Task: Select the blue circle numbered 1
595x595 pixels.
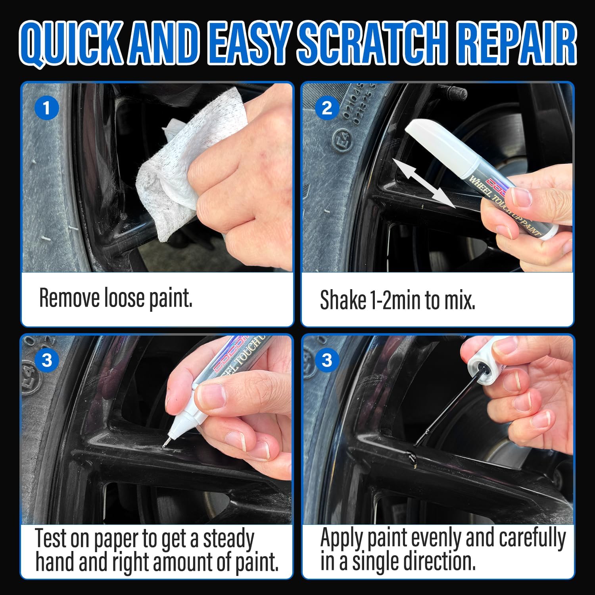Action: [47, 108]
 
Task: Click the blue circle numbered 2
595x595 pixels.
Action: [327, 108]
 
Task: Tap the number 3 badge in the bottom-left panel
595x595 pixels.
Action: [47, 360]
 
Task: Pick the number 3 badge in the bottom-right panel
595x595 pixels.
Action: [327, 360]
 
